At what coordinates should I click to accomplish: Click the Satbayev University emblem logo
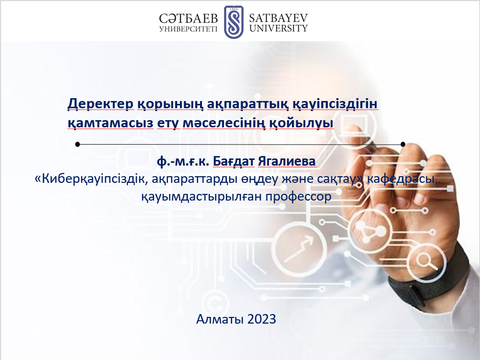tap(234, 22)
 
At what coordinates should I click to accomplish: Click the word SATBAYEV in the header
tap(278, 18)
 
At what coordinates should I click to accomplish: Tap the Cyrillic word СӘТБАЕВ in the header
tap(188, 18)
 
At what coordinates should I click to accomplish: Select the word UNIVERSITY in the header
tap(278, 28)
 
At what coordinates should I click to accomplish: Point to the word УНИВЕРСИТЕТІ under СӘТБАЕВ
tap(188, 29)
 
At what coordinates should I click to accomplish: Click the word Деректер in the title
tap(100, 103)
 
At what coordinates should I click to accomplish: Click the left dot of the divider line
tap(78, 144)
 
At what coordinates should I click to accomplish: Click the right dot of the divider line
tap(403, 144)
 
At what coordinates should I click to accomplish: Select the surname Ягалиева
tap(287, 161)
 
